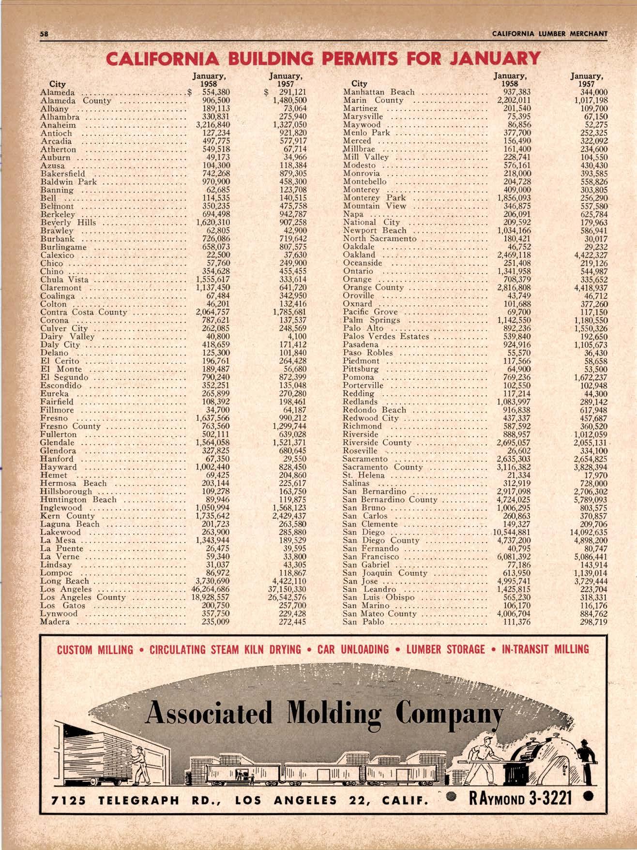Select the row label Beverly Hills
click(x=68, y=223)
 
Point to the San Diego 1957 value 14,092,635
click(x=583, y=532)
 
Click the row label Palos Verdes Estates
click(x=386, y=336)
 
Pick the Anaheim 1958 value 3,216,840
click(x=213, y=124)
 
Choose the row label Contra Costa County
click(x=83, y=312)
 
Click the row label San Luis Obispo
click(x=378, y=597)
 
